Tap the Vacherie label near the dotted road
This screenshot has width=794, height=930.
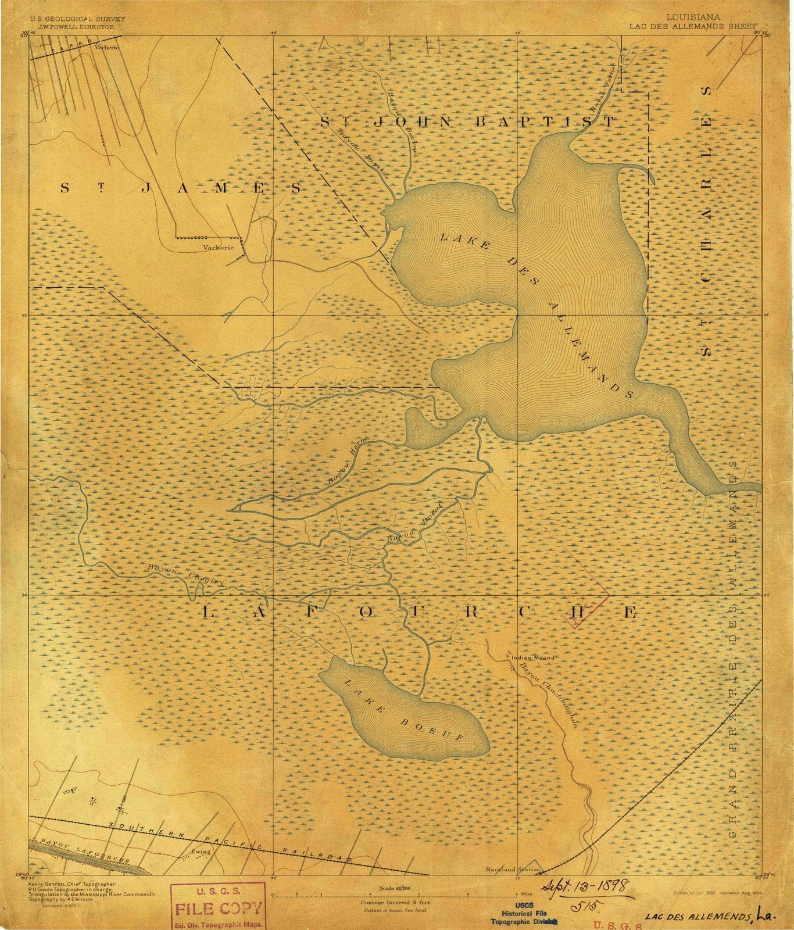(218, 246)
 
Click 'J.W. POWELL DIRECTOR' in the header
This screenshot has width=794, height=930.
(72, 27)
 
